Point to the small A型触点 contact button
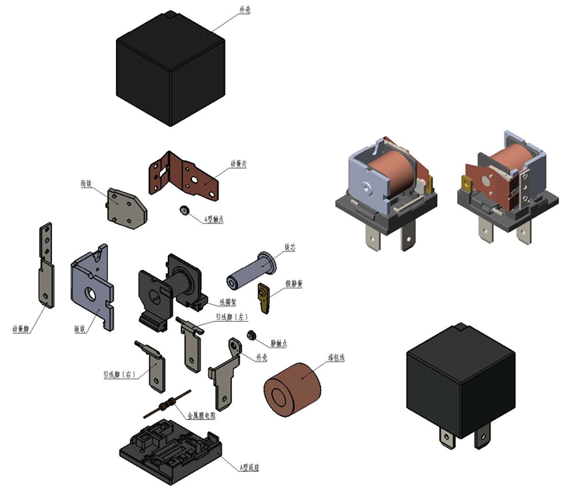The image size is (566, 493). pos(184,211)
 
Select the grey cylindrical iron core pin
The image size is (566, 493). pos(250,272)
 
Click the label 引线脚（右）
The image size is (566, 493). pos(119,375)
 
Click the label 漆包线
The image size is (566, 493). pos(336,357)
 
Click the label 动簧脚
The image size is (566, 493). pos(21,327)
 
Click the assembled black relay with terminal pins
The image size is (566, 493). pos(460,389)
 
